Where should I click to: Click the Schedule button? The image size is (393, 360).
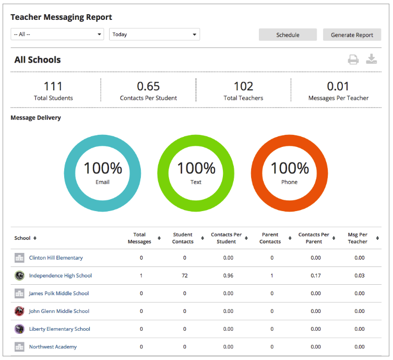pyautogui.click(x=288, y=35)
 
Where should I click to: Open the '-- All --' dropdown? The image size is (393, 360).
pyautogui.click(x=57, y=34)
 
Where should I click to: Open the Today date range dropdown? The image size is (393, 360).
pyautogui.click(x=154, y=34)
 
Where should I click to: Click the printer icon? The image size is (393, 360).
pyautogui.click(x=353, y=60)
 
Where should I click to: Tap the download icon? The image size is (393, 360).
pyautogui.click(x=371, y=59)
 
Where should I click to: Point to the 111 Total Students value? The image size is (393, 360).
pyautogui.click(x=53, y=86)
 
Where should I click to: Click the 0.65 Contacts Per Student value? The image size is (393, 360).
pyautogui.click(x=148, y=86)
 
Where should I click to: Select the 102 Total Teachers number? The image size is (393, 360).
pyautogui.click(x=243, y=86)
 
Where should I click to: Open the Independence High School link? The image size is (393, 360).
pyautogui.click(x=60, y=276)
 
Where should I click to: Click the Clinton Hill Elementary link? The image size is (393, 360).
pyautogui.click(x=56, y=258)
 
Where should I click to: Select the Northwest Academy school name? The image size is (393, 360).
pyautogui.click(x=53, y=347)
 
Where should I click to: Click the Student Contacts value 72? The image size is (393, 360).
pyautogui.click(x=185, y=276)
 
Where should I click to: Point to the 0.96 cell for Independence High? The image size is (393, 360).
pyautogui.click(x=228, y=276)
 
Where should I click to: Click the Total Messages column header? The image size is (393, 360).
pyautogui.click(x=139, y=238)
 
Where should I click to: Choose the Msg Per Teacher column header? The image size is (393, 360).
pyautogui.click(x=358, y=238)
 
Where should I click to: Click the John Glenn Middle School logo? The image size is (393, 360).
pyautogui.click(x=19, y=311)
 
